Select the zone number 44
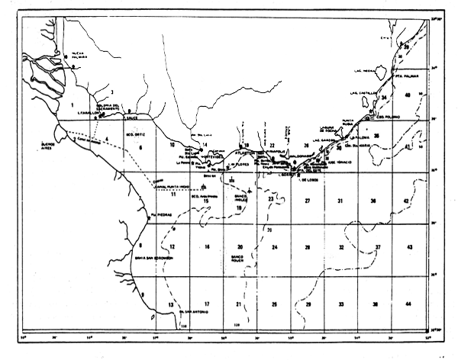tap(410, 304)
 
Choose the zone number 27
tap(308, 201)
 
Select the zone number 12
tap(173, 247)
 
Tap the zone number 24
tap(274, 247)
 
